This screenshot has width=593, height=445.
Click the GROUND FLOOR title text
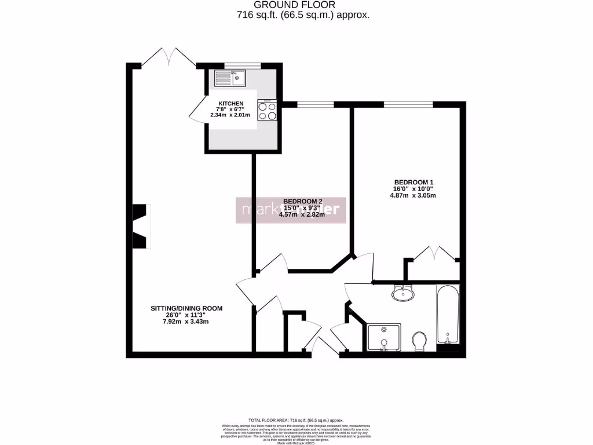296,5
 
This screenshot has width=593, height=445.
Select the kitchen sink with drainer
230,78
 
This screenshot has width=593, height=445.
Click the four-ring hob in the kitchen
268,110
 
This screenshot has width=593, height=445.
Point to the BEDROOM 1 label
413,182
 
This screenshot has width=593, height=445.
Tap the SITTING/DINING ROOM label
186,308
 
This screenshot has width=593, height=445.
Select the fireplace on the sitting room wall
140,226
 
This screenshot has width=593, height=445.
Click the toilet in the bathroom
419,341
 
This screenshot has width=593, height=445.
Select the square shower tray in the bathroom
383,338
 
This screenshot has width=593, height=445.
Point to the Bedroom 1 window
408,104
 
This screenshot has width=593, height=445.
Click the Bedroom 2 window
315,104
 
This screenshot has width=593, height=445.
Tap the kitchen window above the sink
235,65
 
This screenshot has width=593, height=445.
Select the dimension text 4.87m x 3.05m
413,195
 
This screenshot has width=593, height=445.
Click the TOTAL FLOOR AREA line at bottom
296,420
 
